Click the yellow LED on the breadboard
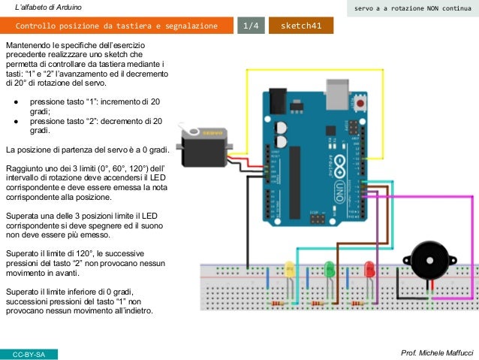(x=289, y=268)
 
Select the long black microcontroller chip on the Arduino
(x=295, y=180)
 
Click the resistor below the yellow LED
(x=279, y=303)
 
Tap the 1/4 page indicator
(x=249, y=27)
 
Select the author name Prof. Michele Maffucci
(x=438, y=352)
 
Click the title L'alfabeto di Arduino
(x=49, y=8)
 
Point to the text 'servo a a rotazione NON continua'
(x=408, y=8)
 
